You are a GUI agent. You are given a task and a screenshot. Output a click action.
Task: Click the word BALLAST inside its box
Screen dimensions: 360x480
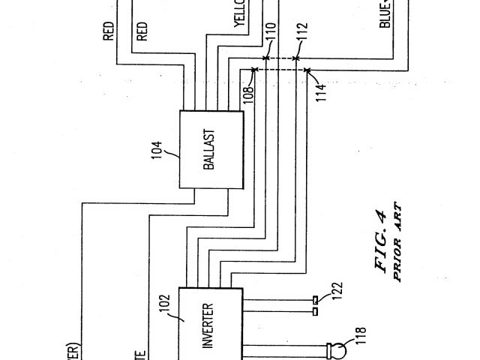pos(209,149)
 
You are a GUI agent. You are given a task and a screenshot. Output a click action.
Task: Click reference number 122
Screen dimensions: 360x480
pos(337,292)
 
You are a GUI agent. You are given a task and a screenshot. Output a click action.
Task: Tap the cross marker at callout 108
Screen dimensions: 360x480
pos(255,70)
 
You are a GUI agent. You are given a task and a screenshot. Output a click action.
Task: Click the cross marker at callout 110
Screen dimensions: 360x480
pos(265,58)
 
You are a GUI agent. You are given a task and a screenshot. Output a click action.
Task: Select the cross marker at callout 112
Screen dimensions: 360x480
pos(297,58)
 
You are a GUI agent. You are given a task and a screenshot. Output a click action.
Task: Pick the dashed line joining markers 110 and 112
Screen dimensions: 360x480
pos(281,58)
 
